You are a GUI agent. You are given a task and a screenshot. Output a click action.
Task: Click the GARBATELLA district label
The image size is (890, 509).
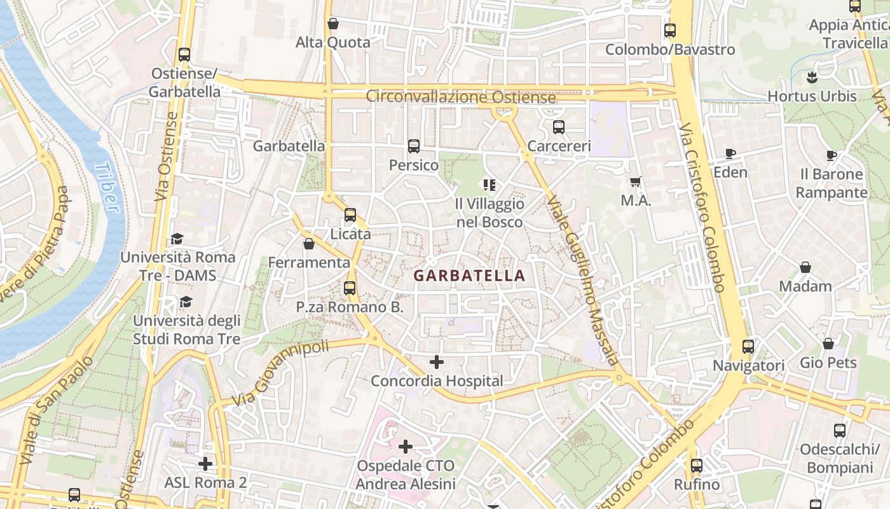pyautogui.click(x=469, y=275)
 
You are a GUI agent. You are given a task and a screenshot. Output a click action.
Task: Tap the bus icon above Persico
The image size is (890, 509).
pyautogui.click(x=414, y=146)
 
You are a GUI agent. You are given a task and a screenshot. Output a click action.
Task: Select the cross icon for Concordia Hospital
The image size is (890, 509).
pyautogui.click(x=437, y=362)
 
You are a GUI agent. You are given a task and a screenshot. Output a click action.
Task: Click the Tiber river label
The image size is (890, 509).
pyautogui.click(x=107, y=187)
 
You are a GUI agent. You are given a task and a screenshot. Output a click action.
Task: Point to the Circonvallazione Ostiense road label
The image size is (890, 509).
pyautogui.click(x=461, y=97)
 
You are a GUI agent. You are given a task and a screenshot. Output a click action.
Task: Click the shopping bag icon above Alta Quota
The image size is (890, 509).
pyautogui.click(x=332, y=24)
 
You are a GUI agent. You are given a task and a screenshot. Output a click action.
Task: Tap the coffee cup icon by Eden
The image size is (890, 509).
pyautogui.click(x=730, y=153)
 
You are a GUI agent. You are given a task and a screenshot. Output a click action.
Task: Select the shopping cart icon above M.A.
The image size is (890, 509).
pyautogui.click(x=636, y=182)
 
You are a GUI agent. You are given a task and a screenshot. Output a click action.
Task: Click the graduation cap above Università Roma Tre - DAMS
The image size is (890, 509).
pyautogui.click(x=177, y=239)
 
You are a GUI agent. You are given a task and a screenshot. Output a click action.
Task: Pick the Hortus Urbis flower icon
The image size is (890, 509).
pyautogui.click(x=811, y=78)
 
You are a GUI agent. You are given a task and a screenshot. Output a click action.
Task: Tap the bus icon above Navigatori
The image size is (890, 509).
pyautogui.click(x=748, y=347)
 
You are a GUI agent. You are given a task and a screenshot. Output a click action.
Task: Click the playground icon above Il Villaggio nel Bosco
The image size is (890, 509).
pyautogui.click(x=489, y=185)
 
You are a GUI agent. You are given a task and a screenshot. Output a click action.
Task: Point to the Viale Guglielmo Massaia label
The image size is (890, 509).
pyautogui.click(x=582, y=280)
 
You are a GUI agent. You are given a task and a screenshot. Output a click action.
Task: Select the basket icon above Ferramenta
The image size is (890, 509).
pyautogui.click(x=309, y=244)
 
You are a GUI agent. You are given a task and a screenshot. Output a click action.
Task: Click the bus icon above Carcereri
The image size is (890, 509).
pyautogui.click(x=559, y=127)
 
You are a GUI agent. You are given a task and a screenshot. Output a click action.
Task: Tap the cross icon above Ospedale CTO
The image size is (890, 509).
pyautogui.click(x=406, y=447)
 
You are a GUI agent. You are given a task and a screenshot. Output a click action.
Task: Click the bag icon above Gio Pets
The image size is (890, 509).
pyautogui.click(x=828, y=344)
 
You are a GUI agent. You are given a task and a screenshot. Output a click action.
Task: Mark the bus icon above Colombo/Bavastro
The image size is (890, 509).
pyautogui.click(x=670, y=31)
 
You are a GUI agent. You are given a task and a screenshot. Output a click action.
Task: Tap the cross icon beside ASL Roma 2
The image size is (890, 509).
pyautogui.click(x=205, y=463)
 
